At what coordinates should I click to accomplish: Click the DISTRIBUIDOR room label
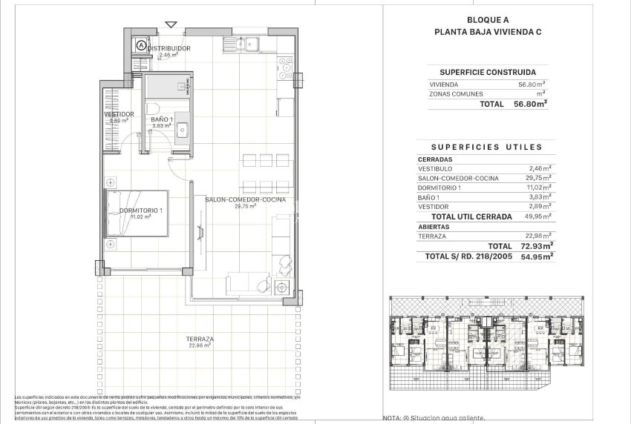click(x=169, y=48)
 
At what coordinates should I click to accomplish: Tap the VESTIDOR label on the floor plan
click(x=119, y=114)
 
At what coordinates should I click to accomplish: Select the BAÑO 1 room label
click(x=161, y=119)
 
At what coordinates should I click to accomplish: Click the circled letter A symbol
click(x=141, y=45)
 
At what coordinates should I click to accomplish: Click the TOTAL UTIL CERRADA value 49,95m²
click(x=532, y=216)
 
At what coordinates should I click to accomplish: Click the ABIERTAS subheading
click(x=432, y=227)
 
